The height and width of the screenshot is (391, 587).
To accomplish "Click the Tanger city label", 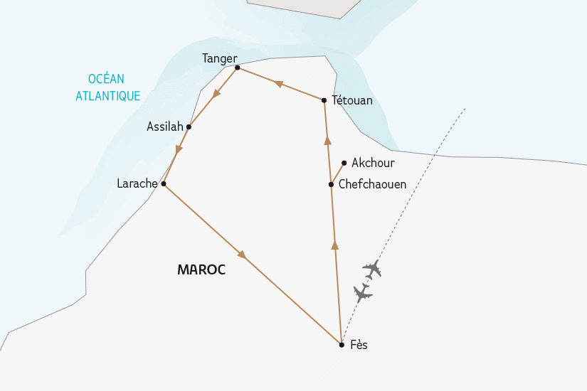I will point(219,58).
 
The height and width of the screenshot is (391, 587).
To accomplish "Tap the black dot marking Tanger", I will point(238,68).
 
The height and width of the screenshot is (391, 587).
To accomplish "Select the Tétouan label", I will point(352,101).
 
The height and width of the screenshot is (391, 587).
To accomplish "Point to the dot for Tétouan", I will point(324,100).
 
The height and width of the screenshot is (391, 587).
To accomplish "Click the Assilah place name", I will point(165,127).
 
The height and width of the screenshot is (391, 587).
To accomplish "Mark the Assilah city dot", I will point(189,127).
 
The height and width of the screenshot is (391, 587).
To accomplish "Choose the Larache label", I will point(137,183).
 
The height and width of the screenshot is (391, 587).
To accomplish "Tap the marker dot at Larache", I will point(164,183).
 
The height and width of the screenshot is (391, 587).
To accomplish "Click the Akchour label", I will point(373,163).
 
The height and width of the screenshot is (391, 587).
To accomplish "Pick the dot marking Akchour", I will point(344,163).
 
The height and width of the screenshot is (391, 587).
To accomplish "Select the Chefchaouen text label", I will point(372,184).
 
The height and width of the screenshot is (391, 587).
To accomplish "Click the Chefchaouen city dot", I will point(331,184).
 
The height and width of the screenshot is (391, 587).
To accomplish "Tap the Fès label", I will point(359,346).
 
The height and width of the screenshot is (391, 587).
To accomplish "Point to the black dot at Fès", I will point(342,345).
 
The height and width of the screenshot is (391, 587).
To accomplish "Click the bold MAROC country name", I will point(201,270).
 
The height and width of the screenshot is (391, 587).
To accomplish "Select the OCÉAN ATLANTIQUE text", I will point(107,87).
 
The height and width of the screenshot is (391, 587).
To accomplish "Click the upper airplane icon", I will point(371,269).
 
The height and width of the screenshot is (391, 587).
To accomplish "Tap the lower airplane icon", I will point(362,292).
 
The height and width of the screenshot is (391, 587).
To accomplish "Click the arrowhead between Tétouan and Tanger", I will point(279,84).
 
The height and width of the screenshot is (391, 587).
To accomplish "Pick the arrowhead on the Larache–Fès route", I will point(242,254).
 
